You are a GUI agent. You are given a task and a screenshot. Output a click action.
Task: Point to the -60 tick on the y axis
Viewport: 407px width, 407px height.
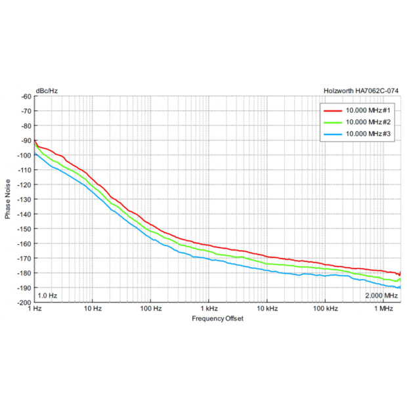(x=26, y=96)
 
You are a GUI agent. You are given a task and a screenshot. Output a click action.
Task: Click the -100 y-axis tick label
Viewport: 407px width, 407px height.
(x=25, y=155)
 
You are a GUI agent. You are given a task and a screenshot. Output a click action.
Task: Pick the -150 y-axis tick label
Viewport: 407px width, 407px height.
(x=25, y=228)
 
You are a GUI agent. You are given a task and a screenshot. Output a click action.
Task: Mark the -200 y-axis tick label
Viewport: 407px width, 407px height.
(x=25, y=302)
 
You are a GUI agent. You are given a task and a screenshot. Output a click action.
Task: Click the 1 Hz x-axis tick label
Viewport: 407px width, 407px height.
(x=36, y=308)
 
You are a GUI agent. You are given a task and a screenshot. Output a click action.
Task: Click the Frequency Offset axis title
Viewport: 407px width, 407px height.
(x=217, y=318)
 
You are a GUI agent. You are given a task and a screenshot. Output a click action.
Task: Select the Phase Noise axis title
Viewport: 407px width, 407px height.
(x=8, y=199)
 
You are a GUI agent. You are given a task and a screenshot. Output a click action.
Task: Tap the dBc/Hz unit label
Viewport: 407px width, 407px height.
(x=46, y=91)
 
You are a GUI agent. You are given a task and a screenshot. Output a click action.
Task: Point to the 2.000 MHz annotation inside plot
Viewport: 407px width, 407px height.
(x=381, y=296)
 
